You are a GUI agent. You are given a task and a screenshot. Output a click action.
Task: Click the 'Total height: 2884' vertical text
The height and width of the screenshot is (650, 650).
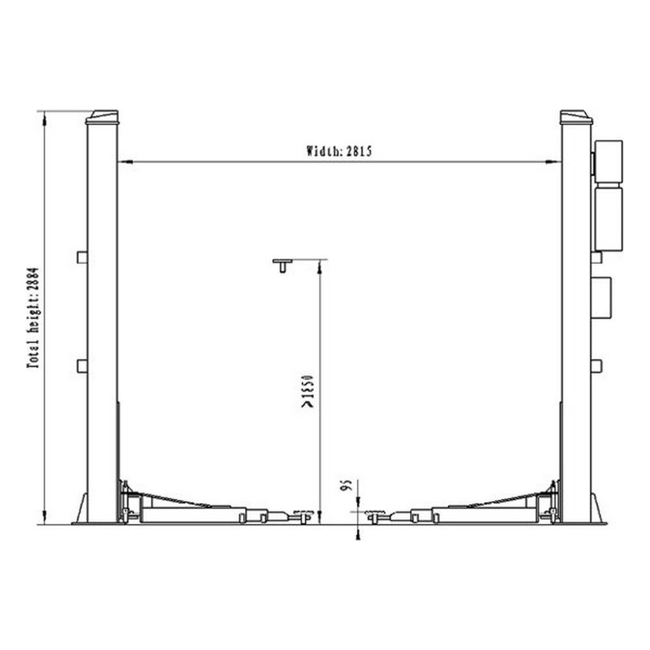pos(32,318)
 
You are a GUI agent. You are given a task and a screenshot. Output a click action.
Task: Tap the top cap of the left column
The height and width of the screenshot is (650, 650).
pos(103,116)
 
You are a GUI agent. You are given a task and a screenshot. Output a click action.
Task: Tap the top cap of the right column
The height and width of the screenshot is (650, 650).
pos(576,116)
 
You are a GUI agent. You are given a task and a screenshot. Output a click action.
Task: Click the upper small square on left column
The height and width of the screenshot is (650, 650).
pos(82,257)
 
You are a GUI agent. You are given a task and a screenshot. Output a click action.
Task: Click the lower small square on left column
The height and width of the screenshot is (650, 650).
pos(82,367)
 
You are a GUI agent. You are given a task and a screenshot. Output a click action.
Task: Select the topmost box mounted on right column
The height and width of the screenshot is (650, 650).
pos(608,161)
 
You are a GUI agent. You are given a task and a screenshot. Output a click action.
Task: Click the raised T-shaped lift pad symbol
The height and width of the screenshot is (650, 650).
pos(283,264)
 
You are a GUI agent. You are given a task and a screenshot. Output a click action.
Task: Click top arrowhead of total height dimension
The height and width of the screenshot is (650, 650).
pos(44,116)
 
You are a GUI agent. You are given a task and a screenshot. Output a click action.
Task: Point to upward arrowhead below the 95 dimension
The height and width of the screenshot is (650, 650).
pos(357,533)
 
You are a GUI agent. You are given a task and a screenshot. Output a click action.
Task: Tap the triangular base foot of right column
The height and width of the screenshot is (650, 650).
pos(597,510)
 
